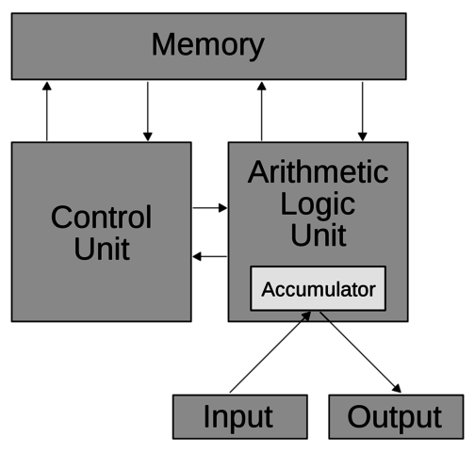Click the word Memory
coord(207,45)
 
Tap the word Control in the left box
coord(101,218)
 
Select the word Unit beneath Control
coord(101,250)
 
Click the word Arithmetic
coord(318,172)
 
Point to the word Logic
coord(318,204)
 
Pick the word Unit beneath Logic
coord(318,235)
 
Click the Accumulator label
coord(318,289)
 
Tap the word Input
coord(238,417)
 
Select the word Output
coord(394,417)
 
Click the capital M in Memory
coord(163,45)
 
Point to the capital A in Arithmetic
coord(257,172)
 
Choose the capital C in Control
coord(61,218)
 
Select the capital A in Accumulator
coord(267,289)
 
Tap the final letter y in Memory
coord(256,48)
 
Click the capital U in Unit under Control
coord(83,250)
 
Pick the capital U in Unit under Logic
coord(300,235)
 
